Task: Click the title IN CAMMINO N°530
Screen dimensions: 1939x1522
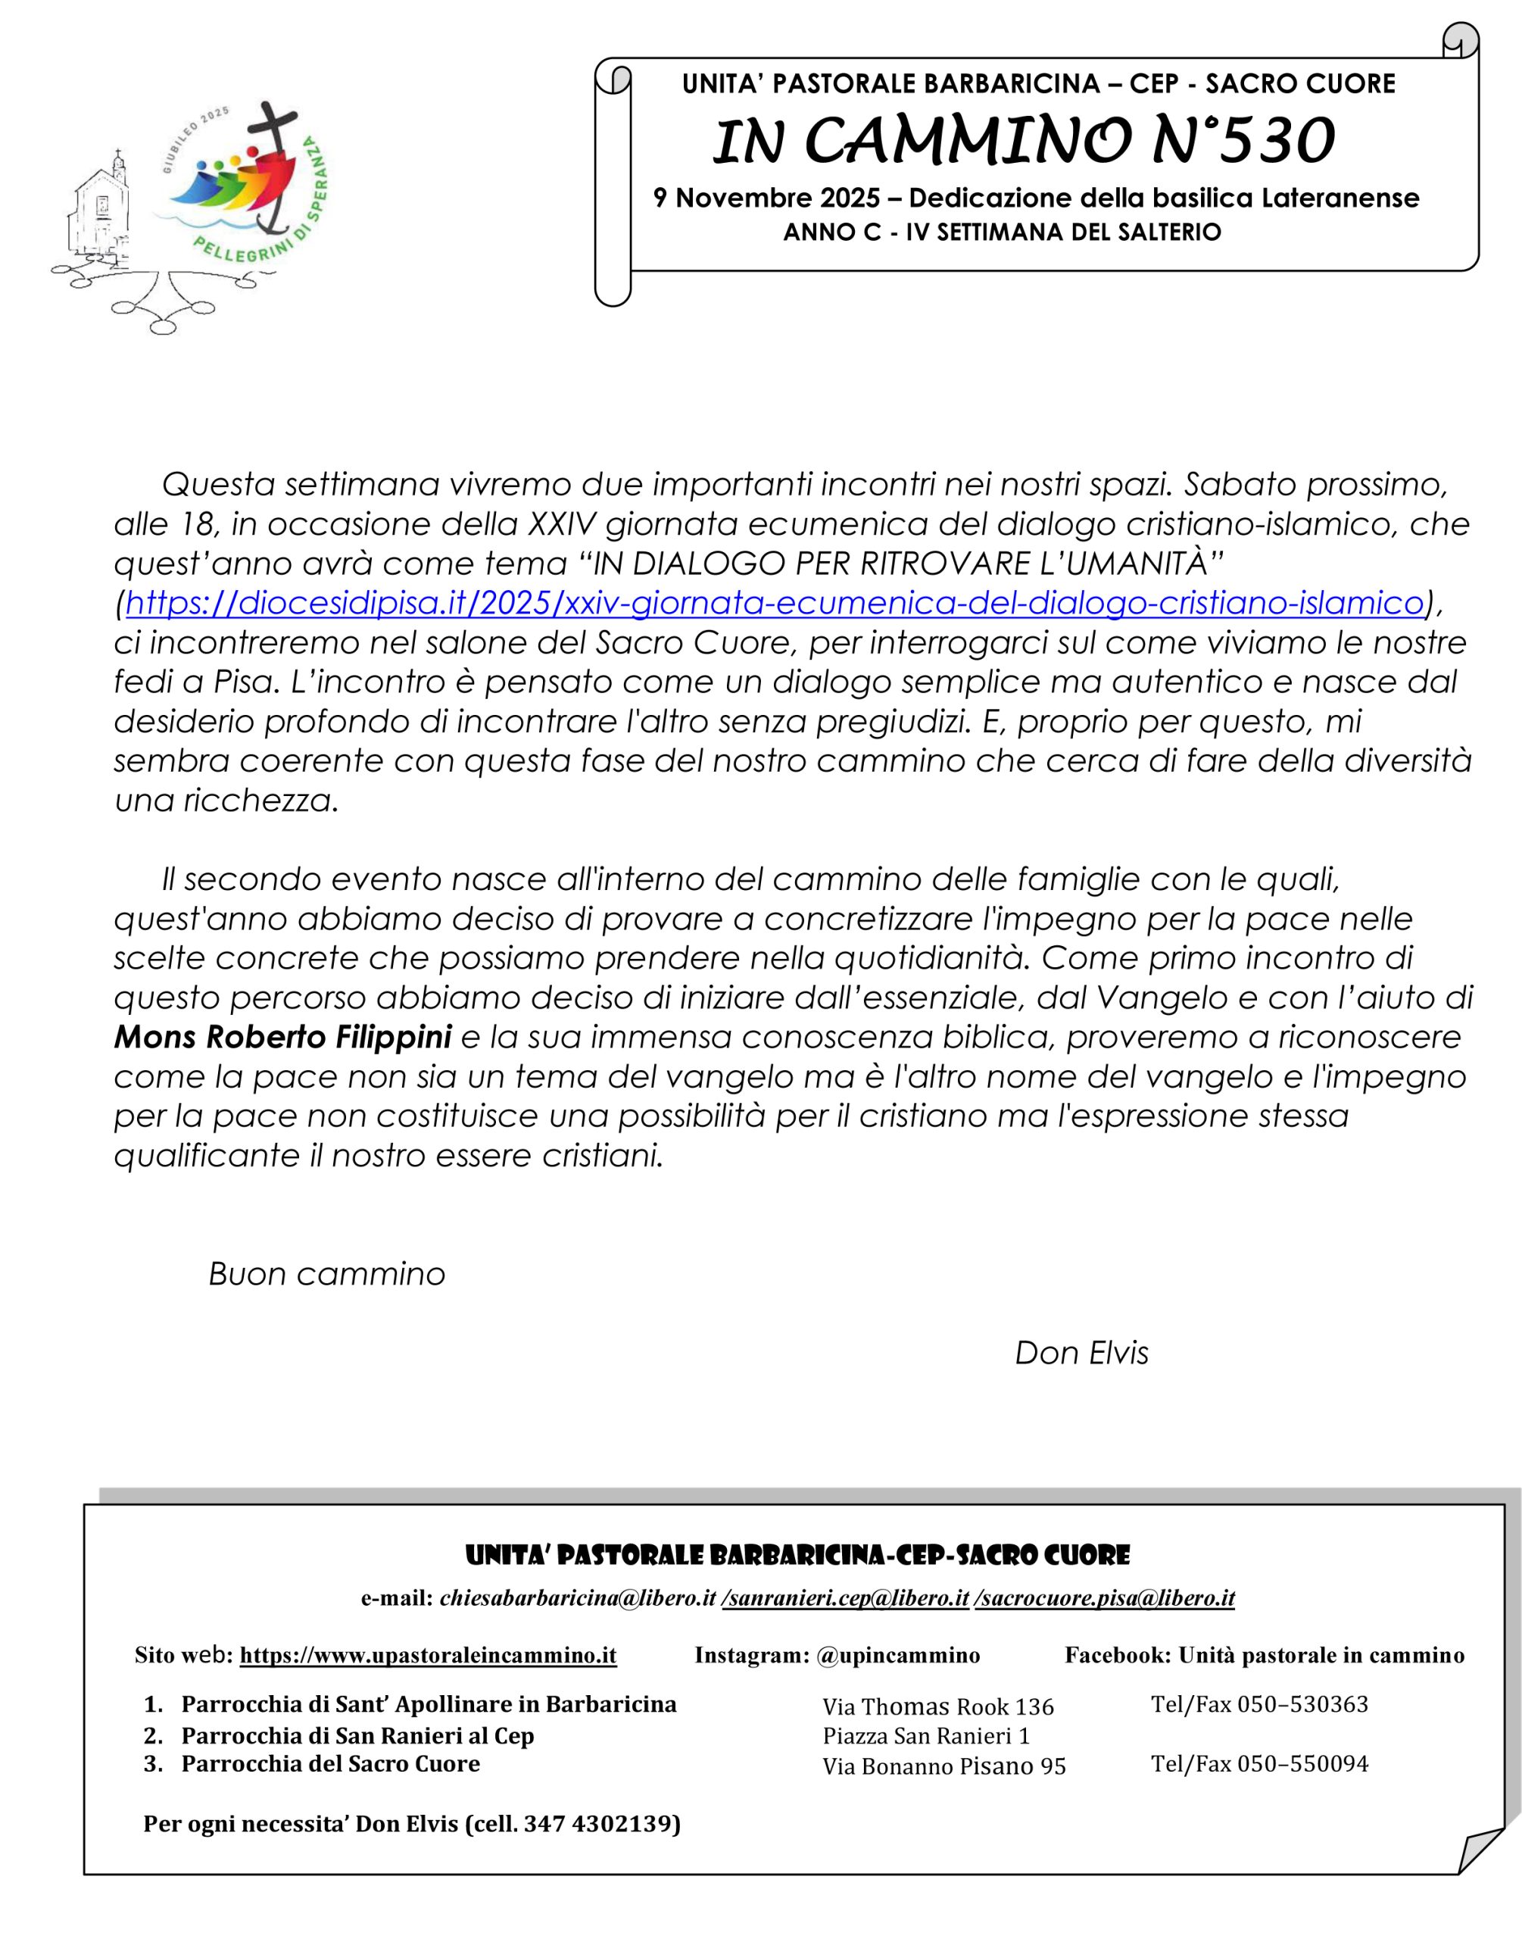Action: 1025,142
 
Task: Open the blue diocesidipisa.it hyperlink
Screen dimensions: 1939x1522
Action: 773,603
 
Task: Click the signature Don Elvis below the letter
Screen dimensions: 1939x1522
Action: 1081,1353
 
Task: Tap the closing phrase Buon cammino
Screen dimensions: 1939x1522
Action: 326,1274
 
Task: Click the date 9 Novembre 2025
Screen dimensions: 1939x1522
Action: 766,198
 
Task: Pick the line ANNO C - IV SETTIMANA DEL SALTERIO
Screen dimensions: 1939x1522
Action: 1002,233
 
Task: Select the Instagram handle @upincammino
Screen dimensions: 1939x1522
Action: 897,1656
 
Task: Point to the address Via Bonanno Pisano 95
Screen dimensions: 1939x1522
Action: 943,1766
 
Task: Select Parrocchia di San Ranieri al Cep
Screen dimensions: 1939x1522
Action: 357,1736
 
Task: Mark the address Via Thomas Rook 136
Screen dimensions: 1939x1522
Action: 937,1707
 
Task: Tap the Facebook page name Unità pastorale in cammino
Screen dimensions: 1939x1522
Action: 1321,1656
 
